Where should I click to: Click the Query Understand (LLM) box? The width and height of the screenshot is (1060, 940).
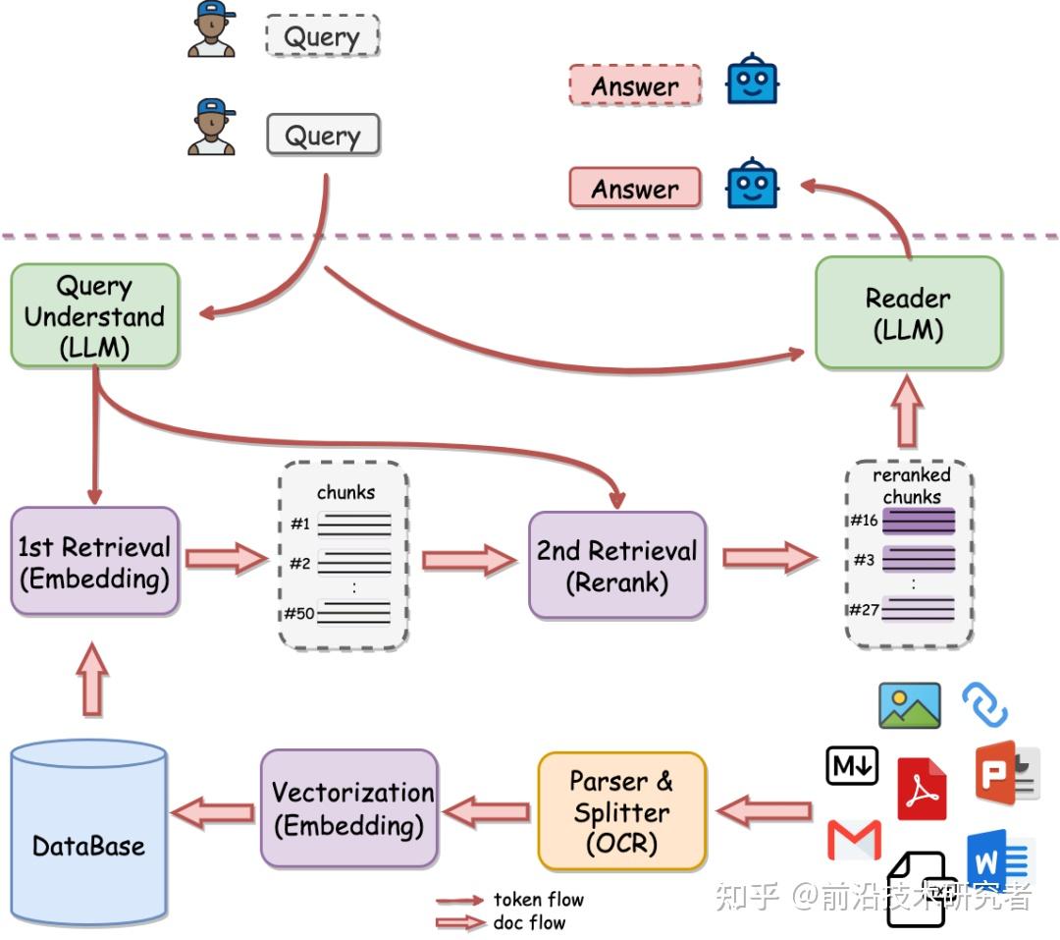(x=95, y=316)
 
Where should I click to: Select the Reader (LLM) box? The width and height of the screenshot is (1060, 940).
(x=908, y=313)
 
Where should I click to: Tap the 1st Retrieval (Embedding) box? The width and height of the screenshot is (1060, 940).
(x=95, y=562)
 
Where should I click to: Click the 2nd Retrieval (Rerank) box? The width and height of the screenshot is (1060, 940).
(x=616, y=565)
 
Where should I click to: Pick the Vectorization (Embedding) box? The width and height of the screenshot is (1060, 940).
(x=350, y=808)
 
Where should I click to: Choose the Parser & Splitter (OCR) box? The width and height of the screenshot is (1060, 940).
(x=621, y=811)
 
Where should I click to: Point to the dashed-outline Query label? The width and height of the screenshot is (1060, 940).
(x=322, y=37)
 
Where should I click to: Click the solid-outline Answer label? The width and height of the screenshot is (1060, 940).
(x=635, y=188)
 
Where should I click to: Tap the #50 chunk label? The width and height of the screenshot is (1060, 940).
(x=298, y=614)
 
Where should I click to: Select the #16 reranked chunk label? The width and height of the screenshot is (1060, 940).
(x=864, y=521)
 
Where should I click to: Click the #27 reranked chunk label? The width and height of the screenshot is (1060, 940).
(x=864, y=610)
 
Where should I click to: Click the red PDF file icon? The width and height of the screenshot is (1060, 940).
(x=922, y=789)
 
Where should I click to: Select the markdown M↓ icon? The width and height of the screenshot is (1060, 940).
(x=852, y=766)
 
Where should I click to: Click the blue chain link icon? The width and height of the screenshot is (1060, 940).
(x=984, y=704)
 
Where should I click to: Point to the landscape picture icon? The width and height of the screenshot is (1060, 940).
(x=910, y=705)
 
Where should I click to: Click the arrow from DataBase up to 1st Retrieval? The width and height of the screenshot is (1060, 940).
(x=93, y=678)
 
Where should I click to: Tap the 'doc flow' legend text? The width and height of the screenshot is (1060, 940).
(x=529, y=922)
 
